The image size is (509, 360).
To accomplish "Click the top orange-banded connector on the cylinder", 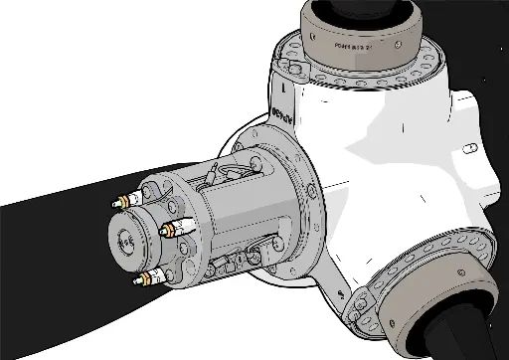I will click(125, 200).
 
